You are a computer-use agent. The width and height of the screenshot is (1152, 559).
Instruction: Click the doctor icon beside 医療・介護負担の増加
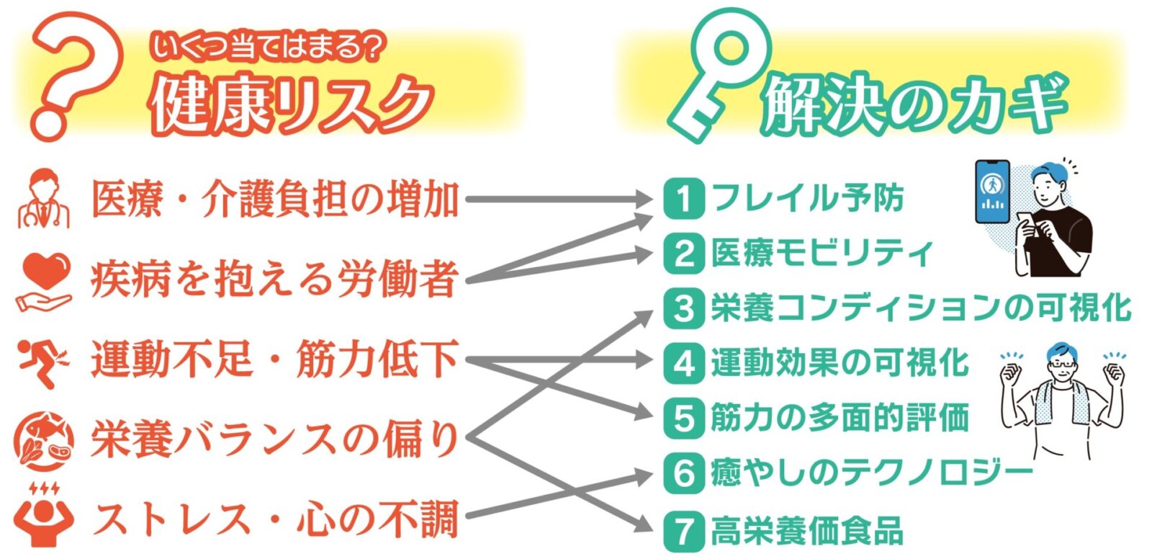coord(44,199)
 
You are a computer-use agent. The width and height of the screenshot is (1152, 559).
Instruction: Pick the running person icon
coord(42,361)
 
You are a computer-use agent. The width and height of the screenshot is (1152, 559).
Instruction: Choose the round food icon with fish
coord(44,440)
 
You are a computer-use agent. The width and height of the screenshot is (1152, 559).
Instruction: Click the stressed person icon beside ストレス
coord(42,516)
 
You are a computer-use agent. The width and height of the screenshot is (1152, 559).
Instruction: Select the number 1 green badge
coord(683,199)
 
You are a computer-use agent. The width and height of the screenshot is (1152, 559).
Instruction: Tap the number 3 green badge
coord(683,309)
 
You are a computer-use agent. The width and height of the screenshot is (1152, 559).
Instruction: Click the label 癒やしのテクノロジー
coord(871,474)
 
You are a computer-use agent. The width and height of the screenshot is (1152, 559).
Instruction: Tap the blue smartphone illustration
coord(991,192)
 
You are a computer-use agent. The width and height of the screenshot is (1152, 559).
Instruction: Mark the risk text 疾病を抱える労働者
coord(274,280)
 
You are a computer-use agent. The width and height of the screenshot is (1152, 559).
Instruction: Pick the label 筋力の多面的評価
coord(840,418)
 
